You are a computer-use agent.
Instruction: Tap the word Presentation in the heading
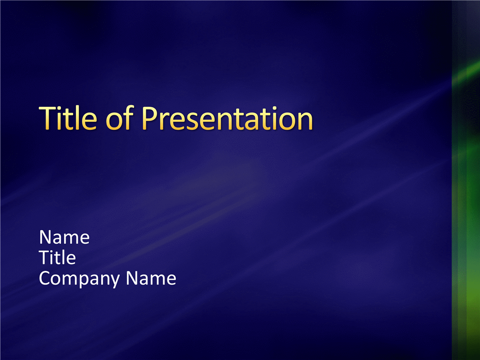pyautogui.click(x=227, y=118)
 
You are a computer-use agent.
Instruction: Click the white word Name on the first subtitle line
pyautogui.click(x=64, y=237)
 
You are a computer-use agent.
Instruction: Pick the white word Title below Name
pyautogui.click(x=57, y=257)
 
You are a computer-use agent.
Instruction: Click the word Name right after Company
pyautogui.click(x=151, y=278)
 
